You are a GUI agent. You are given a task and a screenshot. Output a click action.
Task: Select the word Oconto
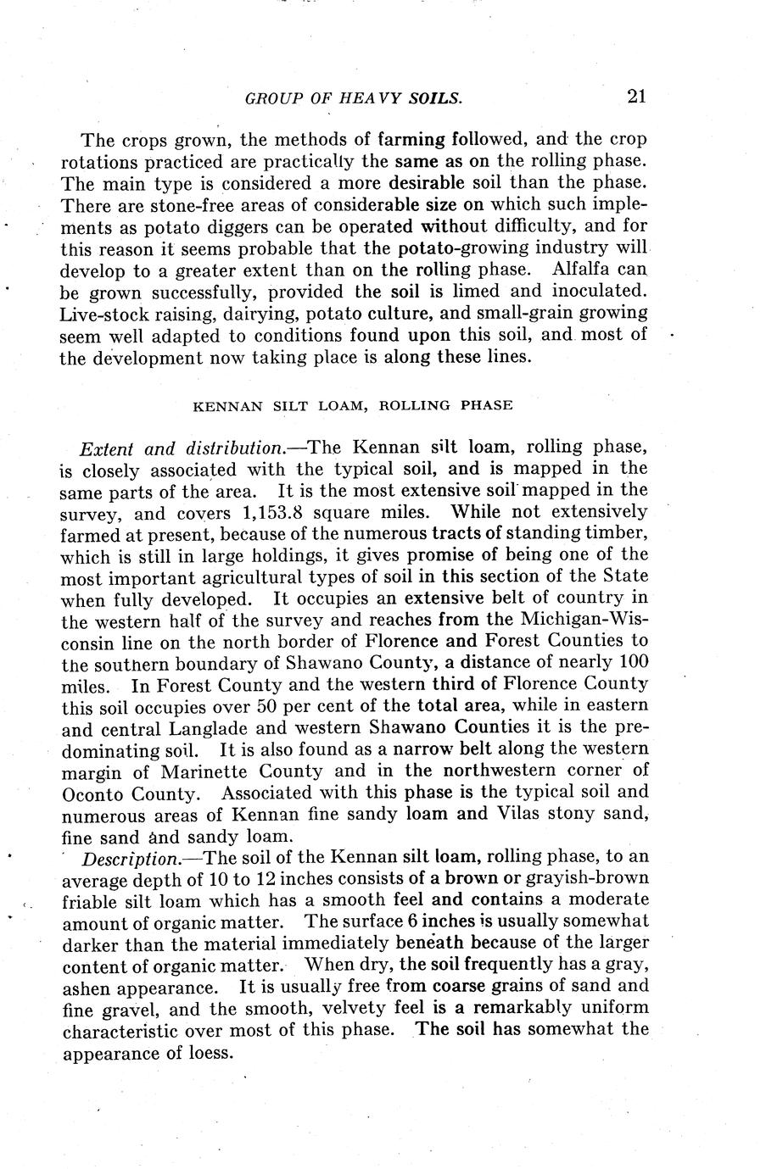click(x=93, y=794)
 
